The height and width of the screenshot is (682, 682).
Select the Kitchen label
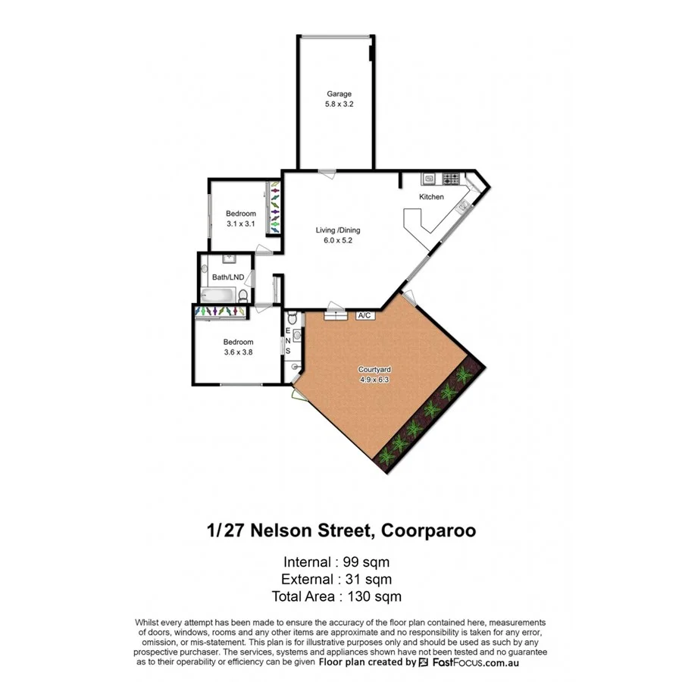(x=431, y=197)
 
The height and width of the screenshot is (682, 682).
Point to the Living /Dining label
(x=338, y=230)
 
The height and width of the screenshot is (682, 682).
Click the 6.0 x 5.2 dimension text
(x=338, y=241)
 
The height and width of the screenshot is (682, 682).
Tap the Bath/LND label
(x=228, y=277)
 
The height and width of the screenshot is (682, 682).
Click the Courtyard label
(x=373, y=370)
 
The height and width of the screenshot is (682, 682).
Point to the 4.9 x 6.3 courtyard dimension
(x=373, y=380)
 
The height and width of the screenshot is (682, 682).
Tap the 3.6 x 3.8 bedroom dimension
(x=237, y=352)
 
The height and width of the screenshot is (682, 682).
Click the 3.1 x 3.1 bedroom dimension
(x=241, y=224)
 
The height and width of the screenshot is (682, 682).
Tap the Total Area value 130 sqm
(x=374, y=596)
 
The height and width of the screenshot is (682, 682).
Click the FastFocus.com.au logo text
(x=476, y=662)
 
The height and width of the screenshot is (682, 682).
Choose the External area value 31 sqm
(x=369, y=580)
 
